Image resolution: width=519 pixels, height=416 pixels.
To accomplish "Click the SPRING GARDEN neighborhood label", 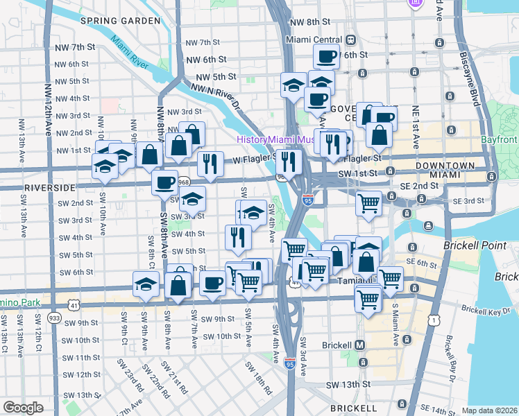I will tap(120, 21).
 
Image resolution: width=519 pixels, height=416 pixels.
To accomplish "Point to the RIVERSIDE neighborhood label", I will tap(49, 188).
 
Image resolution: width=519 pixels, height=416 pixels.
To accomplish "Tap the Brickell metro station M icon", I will tap(360, 345).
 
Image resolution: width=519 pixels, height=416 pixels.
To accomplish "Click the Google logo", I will tap(24, 408).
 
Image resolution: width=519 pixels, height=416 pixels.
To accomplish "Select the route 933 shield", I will tap(53, 316).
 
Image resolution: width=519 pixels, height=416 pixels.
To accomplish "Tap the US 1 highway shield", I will tap(434, 319).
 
